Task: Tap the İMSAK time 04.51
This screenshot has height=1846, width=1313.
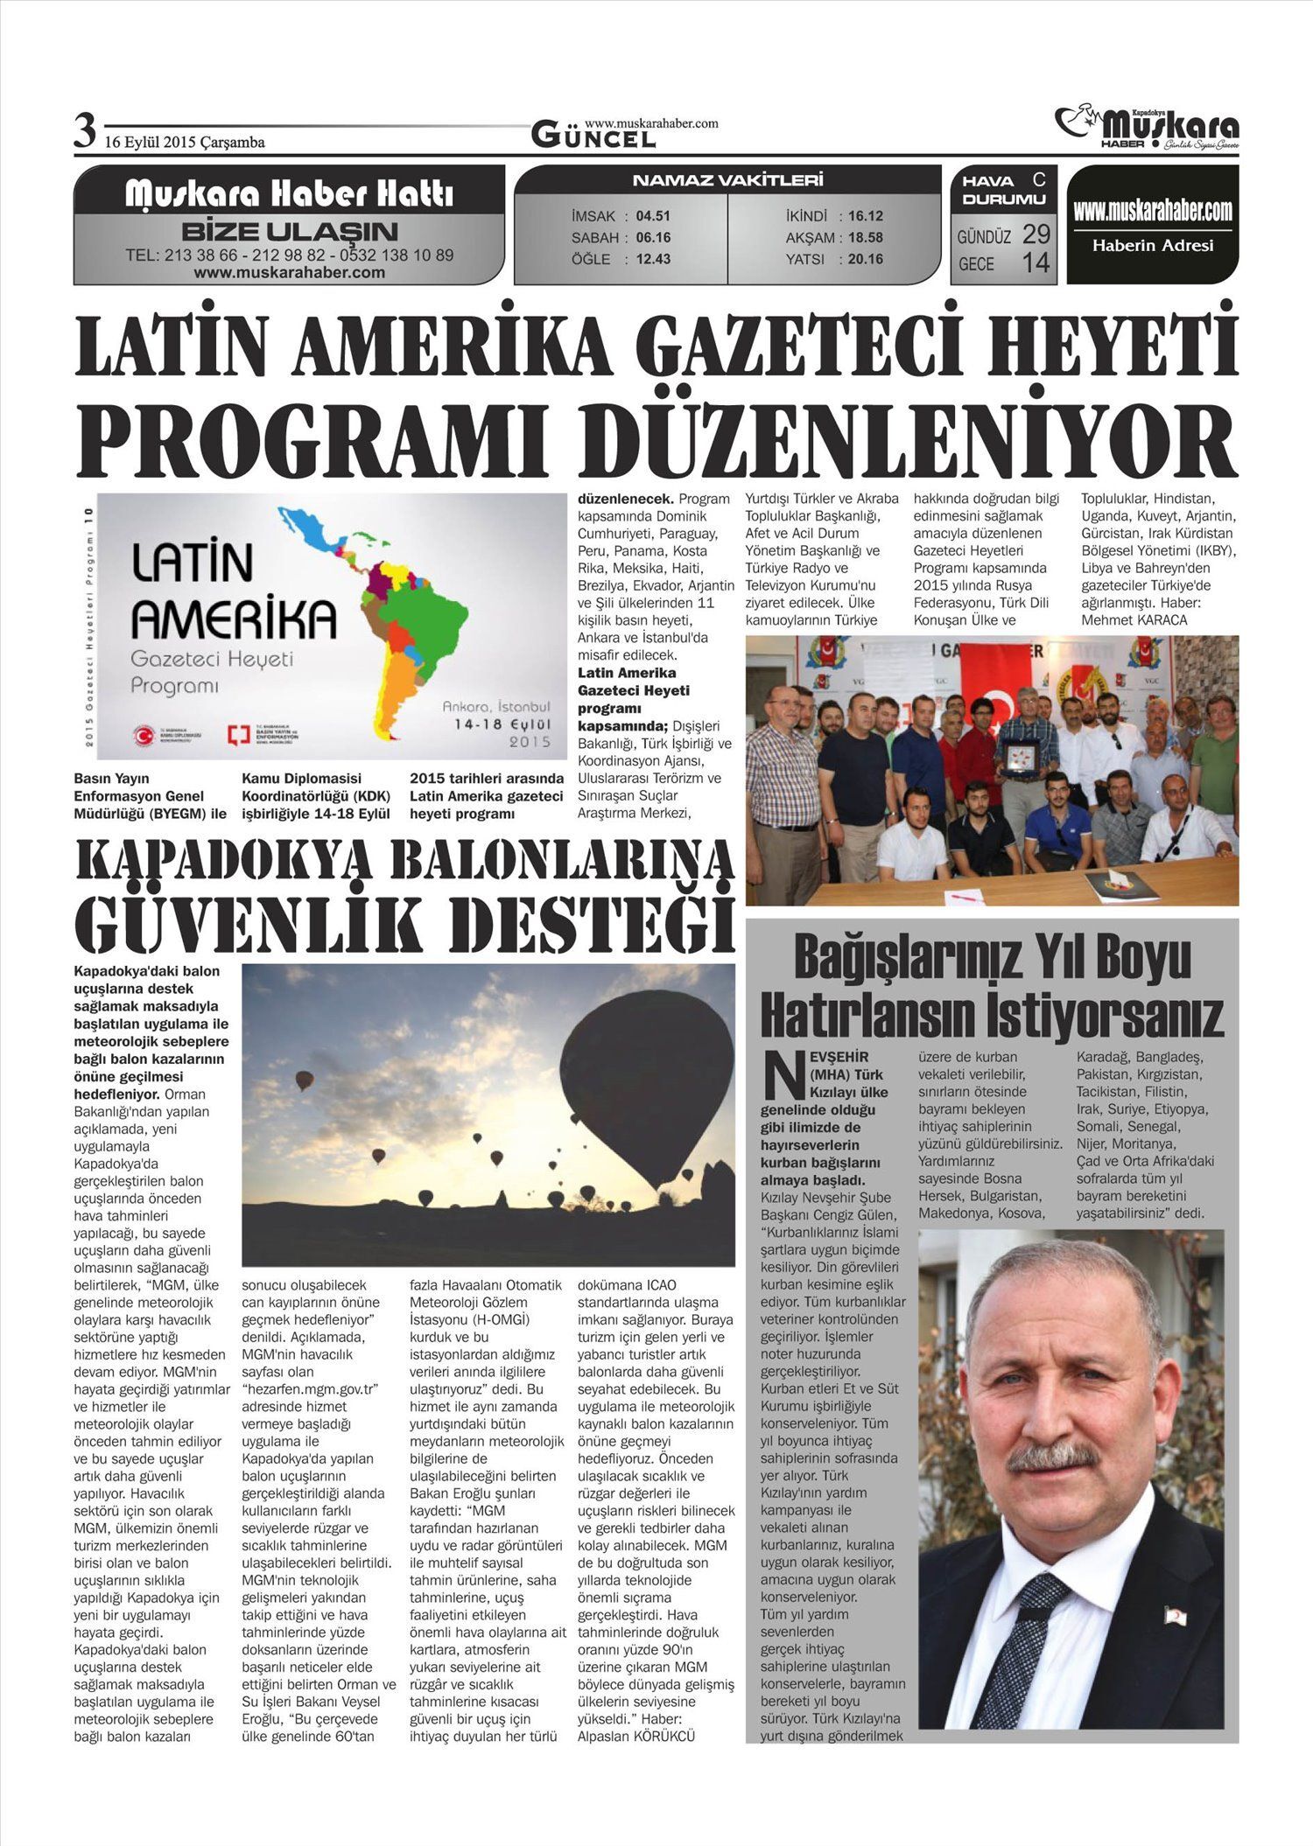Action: pos(653,216)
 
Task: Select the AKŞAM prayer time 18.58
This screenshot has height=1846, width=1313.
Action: pos(865,237)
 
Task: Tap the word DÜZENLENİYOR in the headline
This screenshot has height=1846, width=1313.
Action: pos(929,437)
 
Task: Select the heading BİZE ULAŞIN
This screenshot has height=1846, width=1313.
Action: pos(289,232)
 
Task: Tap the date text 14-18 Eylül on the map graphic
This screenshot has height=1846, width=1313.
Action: pos(502,724)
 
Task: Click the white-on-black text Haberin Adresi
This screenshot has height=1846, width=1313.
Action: pos(1153,246)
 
